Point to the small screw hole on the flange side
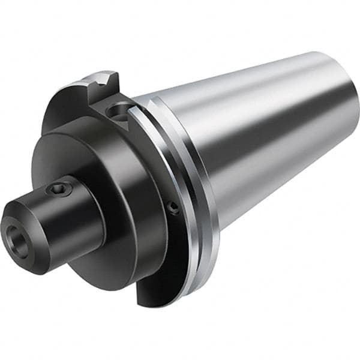(173, 208)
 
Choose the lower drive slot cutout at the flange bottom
(150, 288)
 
